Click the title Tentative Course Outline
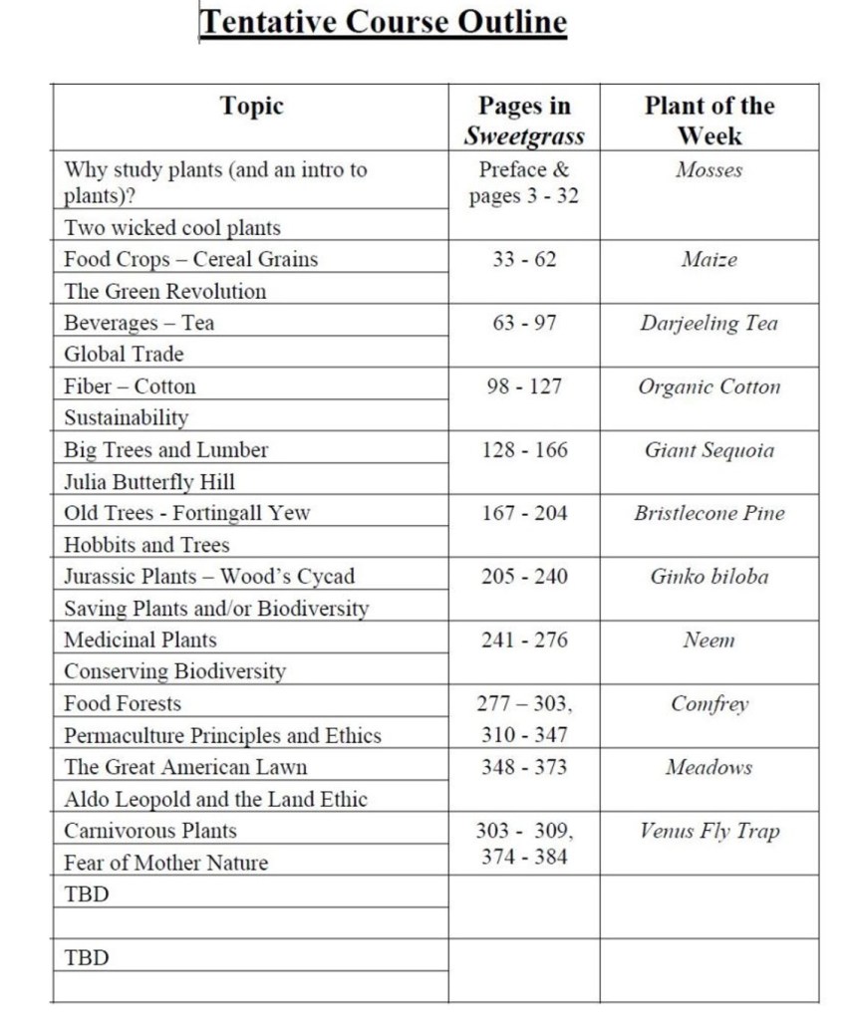(384, 22)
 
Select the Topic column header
(251, 106)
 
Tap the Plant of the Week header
(709, 120)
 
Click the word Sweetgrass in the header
(524, 136)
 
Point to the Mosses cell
(709, 170)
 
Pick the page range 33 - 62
(524, 260)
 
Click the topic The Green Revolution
(165, 292)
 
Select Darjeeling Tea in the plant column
(709, 324)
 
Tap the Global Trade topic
(125, 354)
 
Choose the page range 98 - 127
(524, 386)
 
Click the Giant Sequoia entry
(709, 450)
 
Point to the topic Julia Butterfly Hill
(149, 482)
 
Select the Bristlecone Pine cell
(709, 514)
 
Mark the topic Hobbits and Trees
(146, 545)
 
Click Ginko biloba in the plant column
(709, 577)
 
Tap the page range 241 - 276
(524, 639)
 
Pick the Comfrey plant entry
(709, 704)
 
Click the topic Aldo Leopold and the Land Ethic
(215, 799)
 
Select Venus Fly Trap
(709, 831)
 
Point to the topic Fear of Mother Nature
(165, 863)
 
